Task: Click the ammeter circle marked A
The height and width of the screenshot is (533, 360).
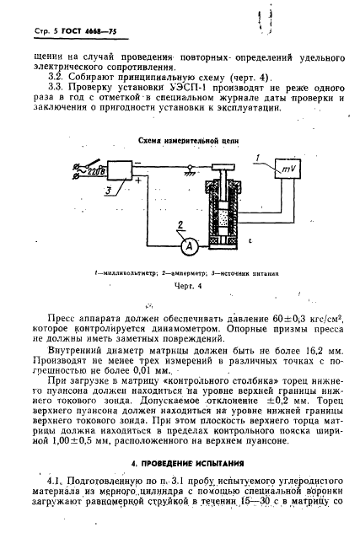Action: click(x=191, y=245)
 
